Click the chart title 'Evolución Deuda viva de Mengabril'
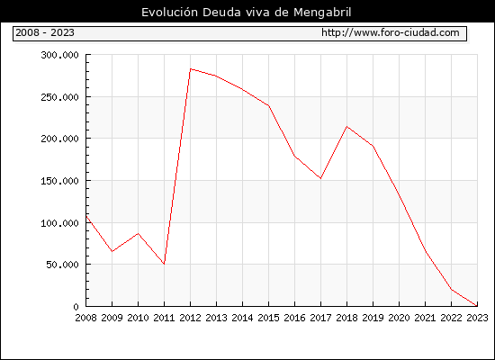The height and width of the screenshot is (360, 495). click(247, 12)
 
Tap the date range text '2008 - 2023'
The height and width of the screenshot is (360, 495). click(45, 32)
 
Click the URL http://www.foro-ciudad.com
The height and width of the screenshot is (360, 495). click(391, 32)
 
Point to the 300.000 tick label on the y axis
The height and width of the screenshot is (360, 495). click(59, 55)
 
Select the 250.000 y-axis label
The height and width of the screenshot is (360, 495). click(59, 97)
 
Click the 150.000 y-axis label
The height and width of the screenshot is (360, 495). click(59, 181)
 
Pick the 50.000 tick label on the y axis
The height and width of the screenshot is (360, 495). click(62, 265)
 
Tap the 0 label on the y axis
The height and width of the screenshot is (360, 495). click(76, 307)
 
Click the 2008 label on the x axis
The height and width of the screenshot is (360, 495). click(85, 318)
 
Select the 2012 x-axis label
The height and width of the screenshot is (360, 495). click(191, 318)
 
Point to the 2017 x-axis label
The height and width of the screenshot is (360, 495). click(320, 318)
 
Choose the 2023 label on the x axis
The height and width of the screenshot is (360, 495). click(477, 318)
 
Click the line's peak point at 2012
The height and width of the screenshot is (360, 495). click(191, 68)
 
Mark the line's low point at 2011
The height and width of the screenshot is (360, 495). click(164, 264)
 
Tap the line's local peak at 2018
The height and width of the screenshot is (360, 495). click(346, 127)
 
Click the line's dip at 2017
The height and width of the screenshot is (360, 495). click(320, 178)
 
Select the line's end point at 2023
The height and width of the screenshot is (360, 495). click(477, 306)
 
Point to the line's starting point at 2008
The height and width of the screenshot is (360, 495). click(86, 216)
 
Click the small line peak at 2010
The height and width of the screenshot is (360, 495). click(138, 233)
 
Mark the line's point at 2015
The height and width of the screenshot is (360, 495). click(269, 105)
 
